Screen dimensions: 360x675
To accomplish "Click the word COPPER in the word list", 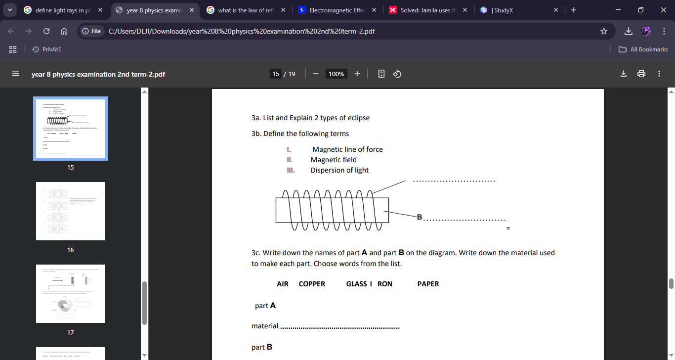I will pyautogui.click(x=312, y=284).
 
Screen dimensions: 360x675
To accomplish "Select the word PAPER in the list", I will pyautogui.click(x=428, y=284).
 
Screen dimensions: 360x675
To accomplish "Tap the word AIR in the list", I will pyautogui.click(x=283, y=284).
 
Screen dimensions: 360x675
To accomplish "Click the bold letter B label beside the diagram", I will pyautogui.click(x=420, y=217).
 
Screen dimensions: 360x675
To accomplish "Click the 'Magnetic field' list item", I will pyautogui.click(x=334, y=160).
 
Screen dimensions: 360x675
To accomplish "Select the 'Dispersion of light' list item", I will pyautogui.click(x=339, y=170).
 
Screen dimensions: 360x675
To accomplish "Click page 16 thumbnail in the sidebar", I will pyautogui.click(x=71, y=211).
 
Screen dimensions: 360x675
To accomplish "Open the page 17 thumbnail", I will pyautogui.click(x=71, y=294).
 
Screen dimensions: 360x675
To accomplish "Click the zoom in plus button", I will pyautogui.click(x=357, y=74).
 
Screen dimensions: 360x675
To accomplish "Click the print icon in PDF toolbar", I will pyautogui.click(x=641, y=74).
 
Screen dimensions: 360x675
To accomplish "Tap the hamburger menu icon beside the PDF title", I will pyautogui.click(x=16, y=74).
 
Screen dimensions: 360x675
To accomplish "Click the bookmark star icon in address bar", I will pyautogui.click(x=603, y=31).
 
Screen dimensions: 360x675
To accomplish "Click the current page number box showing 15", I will pyautogui.click(x=276, y=74).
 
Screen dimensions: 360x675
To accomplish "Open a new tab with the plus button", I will pyautogui.click(x=573, y=10).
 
